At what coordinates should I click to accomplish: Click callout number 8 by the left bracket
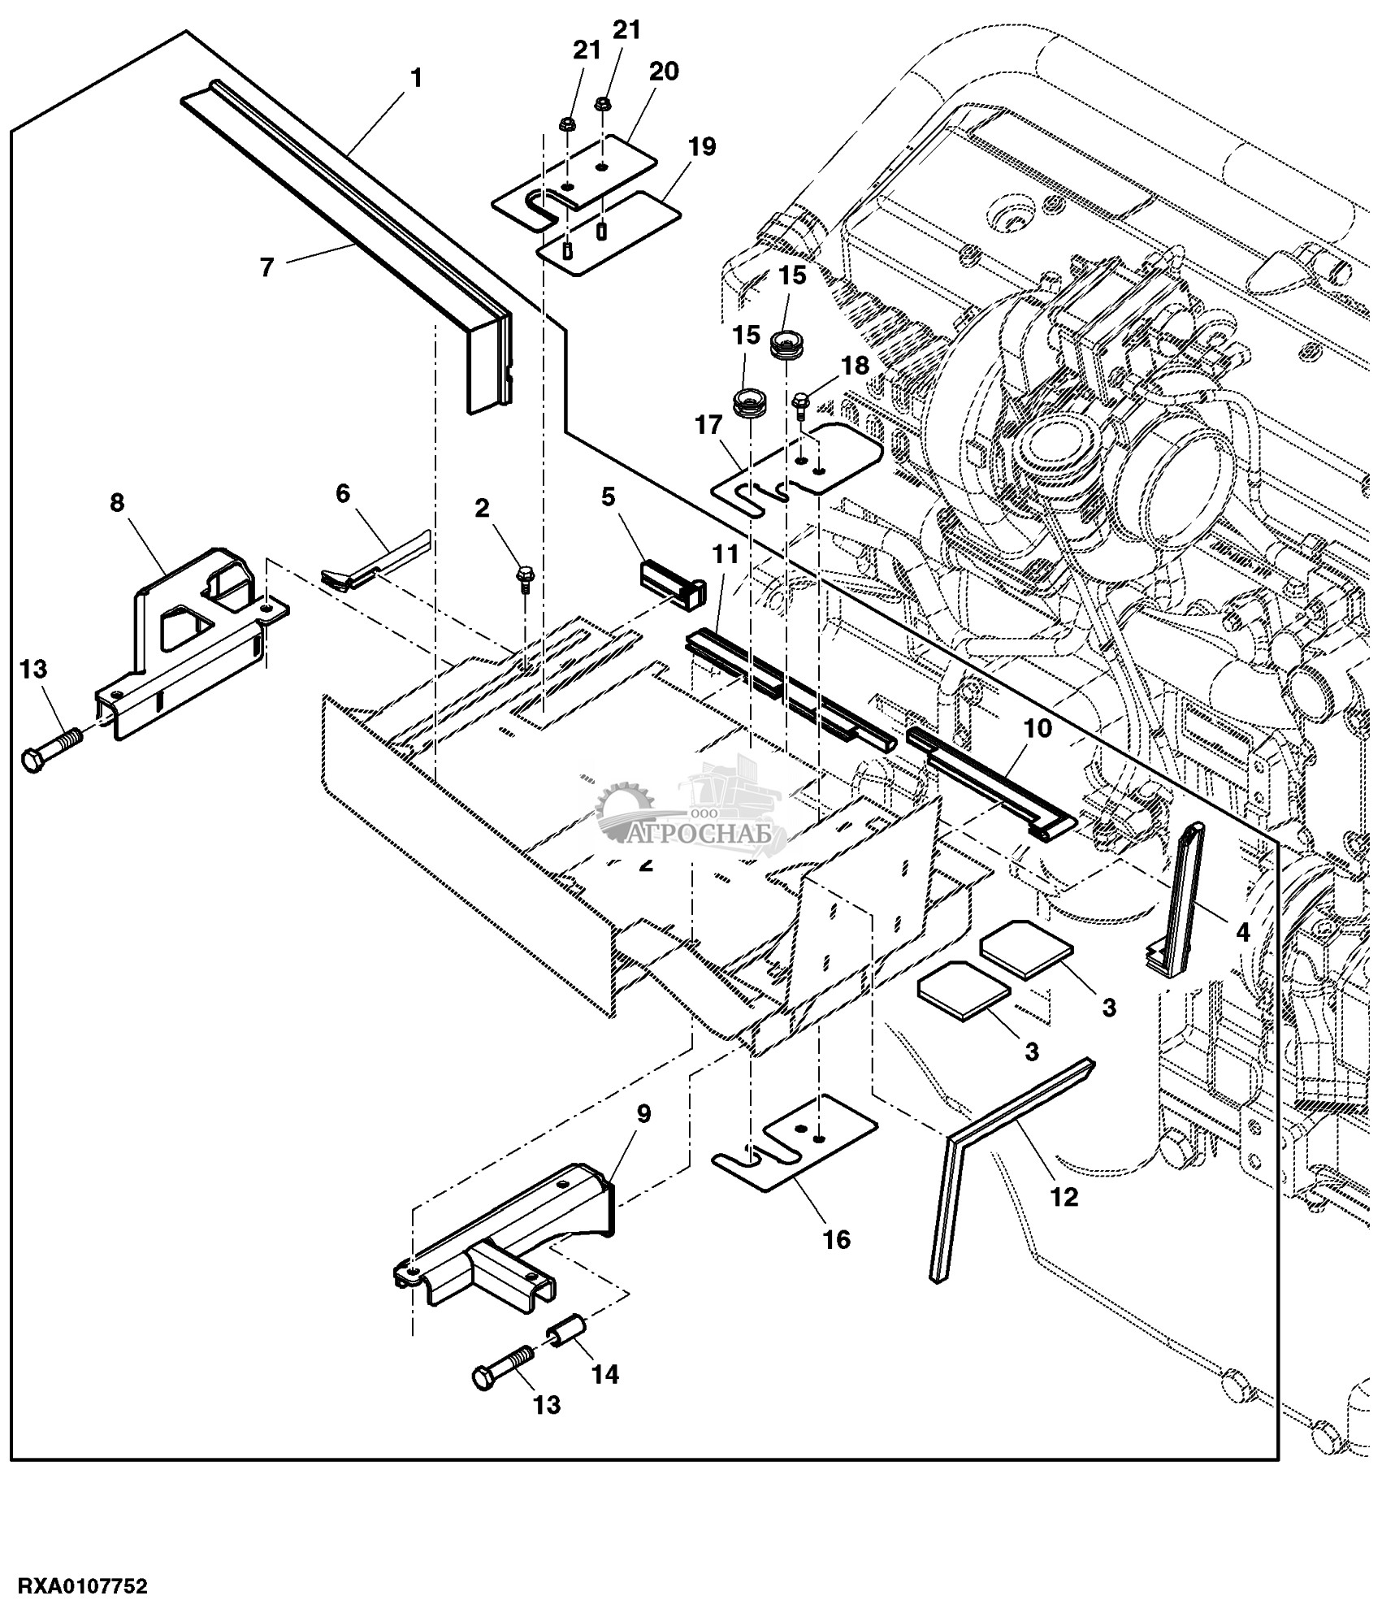(x=118, y=503)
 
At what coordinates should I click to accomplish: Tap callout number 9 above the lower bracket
(x=643, y=1114)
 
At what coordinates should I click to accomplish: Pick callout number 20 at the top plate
(x=663, y=72)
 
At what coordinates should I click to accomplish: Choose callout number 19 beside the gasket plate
(x=702, y=147)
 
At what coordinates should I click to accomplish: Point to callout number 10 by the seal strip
(x=1038, y=728)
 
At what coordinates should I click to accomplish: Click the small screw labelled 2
(x=524, y=579)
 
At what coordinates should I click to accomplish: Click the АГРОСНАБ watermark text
(x=708, y=835)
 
